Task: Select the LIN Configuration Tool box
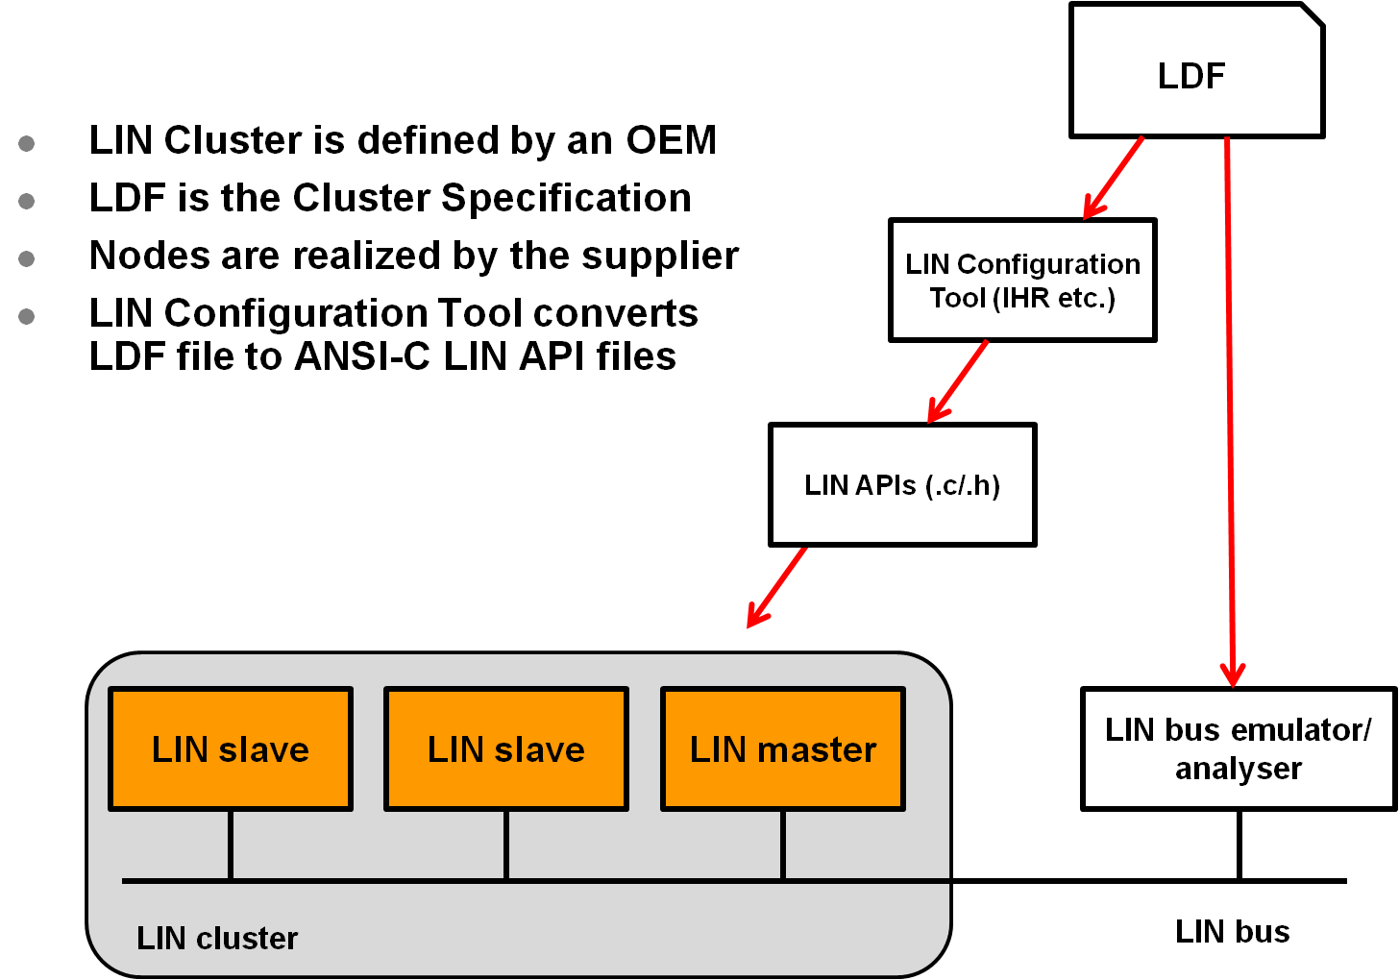click(1022, 280)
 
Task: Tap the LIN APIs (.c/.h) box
click(902, 485)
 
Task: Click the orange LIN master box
click(783, 749)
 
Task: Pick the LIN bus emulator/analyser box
click(1239, 749)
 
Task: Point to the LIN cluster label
click(217, 938)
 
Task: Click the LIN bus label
click(1233, 931)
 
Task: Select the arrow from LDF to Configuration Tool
click(1115, 179)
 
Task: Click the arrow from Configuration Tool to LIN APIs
click(959, 381)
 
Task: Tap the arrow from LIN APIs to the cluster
click(778, 586)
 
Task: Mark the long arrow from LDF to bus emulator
click(1230, 413)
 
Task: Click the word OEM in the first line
click(672, 140)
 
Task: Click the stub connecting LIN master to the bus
click(783, 845)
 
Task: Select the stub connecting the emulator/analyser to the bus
click(1239, 845)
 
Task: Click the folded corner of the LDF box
click(1311, 16)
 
